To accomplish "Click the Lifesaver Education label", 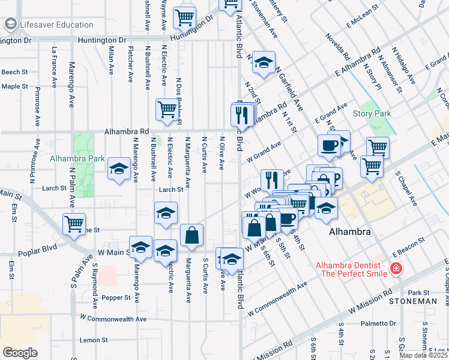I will pyautogui.click(x=56, y=25).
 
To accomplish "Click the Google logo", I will pyautogui.click(x=20, y=353).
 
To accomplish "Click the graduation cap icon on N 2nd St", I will pyautogui.click(x=263, y=62).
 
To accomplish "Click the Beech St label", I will pyautogui.click(x=14, y=72).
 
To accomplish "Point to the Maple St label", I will pyautogui.click(x=14, y=86).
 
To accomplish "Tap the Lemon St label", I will pyautogui.click(x=93, y=340).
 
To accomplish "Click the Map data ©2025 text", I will pyautogui.click(x=423, y=355).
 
